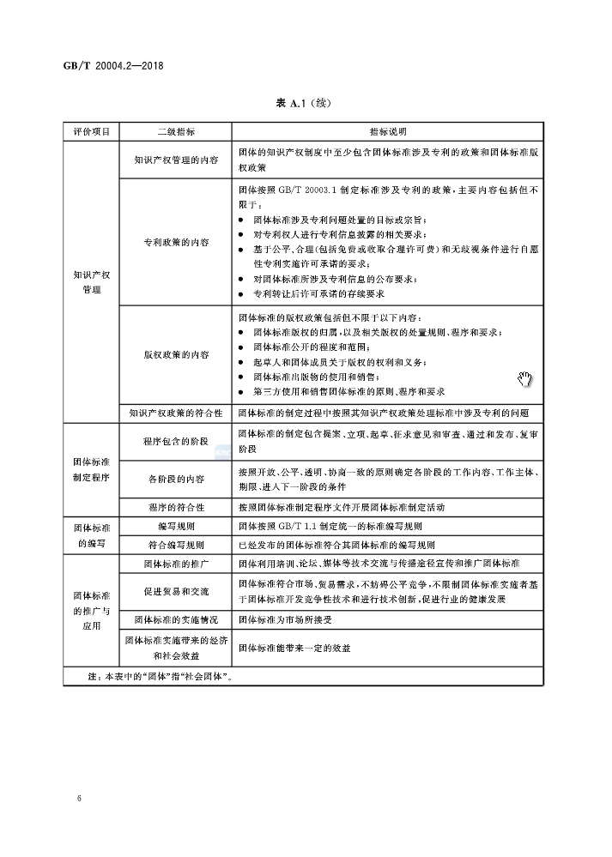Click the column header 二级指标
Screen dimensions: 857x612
(175, 132)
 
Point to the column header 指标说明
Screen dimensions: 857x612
(388, 132)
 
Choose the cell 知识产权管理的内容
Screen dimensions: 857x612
(175, 160)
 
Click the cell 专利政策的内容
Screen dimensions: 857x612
(175, 243)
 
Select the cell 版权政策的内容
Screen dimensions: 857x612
(175, 353)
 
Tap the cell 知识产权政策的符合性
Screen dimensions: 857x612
(175, 413)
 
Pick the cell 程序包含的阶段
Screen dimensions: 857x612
(175, 441)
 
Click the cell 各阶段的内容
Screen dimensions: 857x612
(175, 478)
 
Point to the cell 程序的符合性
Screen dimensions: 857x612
(175, 506)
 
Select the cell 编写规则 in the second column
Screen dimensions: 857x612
(175, 526)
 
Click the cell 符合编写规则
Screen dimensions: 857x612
(175, 545)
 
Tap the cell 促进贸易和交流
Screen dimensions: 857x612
(175, 591)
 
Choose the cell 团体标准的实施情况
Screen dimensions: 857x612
(175, 619)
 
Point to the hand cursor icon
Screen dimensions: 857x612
(525, 380)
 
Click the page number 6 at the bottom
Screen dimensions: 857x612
(79, 799)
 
